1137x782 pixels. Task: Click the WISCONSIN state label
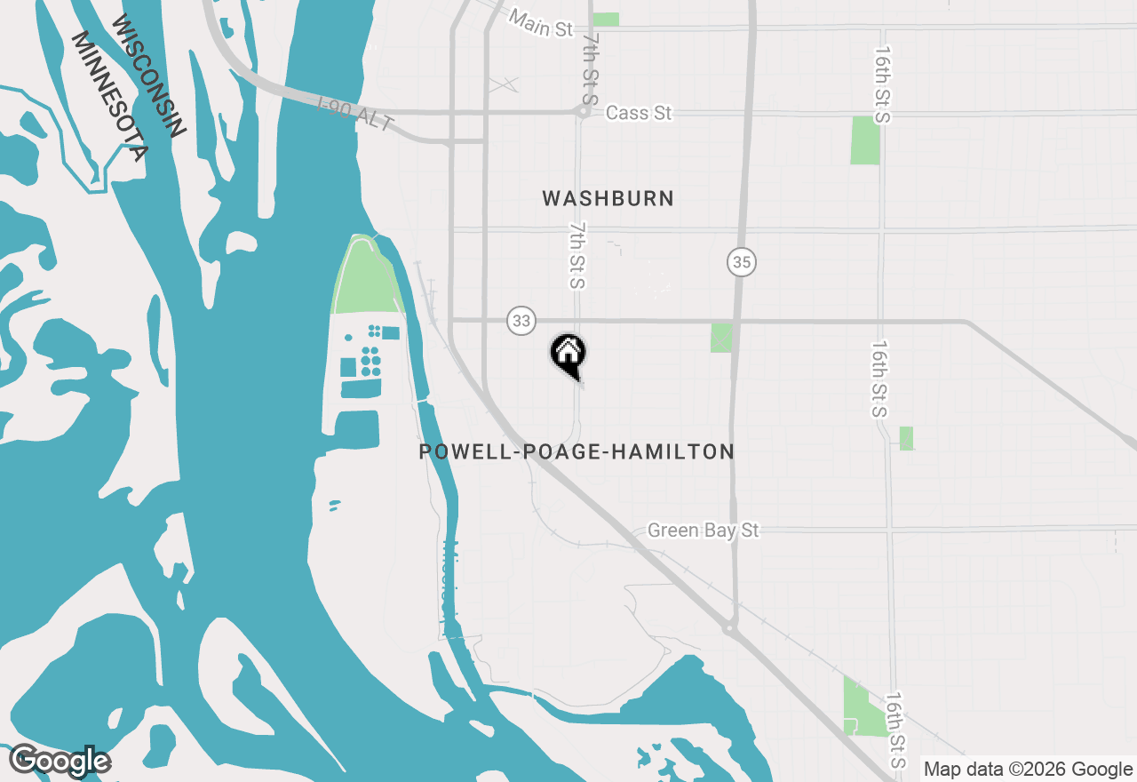point(151,76)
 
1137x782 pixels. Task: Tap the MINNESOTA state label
point(108,96)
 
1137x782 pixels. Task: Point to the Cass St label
point(638,113)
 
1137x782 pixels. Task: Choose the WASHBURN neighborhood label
point(608,198)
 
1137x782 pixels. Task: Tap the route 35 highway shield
point(742,262)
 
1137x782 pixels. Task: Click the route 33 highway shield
point(521,321)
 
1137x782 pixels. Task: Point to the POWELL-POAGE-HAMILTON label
point(576,451)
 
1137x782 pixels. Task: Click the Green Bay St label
point(704,531)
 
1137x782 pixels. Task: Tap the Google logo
point(60,762)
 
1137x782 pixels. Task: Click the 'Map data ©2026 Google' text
point(1027,770)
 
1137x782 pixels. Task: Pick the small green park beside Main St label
point(606,19)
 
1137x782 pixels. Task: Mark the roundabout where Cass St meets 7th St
point(584,112)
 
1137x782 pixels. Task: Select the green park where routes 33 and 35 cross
point(721,338)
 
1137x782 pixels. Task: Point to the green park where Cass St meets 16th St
point(864,140)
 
